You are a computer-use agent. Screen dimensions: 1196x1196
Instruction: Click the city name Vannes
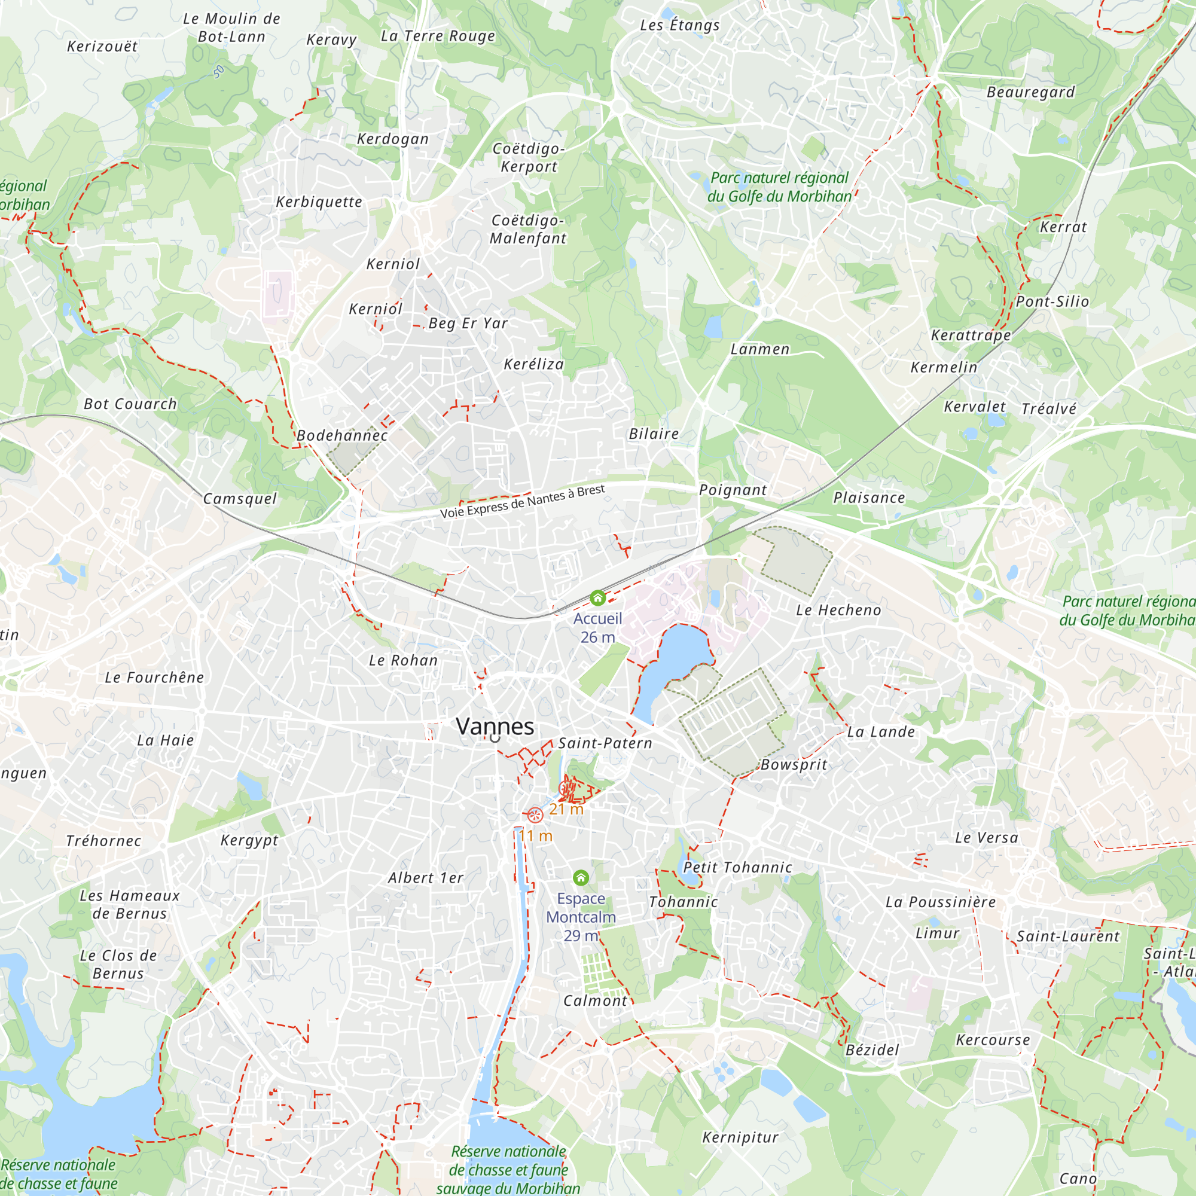[x=495, y=726]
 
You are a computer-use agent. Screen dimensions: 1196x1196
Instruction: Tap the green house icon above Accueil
[x=597, y=598]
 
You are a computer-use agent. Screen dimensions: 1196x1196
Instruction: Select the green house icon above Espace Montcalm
[x=581, y=877]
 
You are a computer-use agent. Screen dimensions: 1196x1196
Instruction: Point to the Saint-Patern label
[x=605, y=743]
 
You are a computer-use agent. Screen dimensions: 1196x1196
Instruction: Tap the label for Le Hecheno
[x=838, y=611]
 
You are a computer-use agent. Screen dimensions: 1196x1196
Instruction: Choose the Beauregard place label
[x=1031, y=92]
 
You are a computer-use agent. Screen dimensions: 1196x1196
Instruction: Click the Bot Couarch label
[x=130, y=404]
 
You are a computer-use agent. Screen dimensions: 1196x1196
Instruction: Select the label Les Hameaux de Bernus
[x=129, y=904]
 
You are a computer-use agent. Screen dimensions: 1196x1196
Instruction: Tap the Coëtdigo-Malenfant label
[x=527, y=229]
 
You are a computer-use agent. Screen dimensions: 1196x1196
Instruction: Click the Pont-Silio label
[x=1052, y=301]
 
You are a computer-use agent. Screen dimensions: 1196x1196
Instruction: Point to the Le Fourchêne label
[x=154, y=678]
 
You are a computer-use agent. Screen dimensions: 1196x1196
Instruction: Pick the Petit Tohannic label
[x=737, y=867]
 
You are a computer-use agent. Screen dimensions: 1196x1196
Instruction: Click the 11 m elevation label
[x=535, y=836]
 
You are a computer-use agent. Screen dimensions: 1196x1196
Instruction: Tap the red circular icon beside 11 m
[x=535, y=814]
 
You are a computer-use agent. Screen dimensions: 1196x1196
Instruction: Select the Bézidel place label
[x=872, y=1050]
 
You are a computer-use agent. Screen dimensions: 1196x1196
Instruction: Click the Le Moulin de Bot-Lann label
[x=231, y=28]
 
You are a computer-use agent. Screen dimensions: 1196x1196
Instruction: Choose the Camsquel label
[x=240, y=498]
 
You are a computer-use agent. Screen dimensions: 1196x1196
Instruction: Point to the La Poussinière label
[x=940, y=902]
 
